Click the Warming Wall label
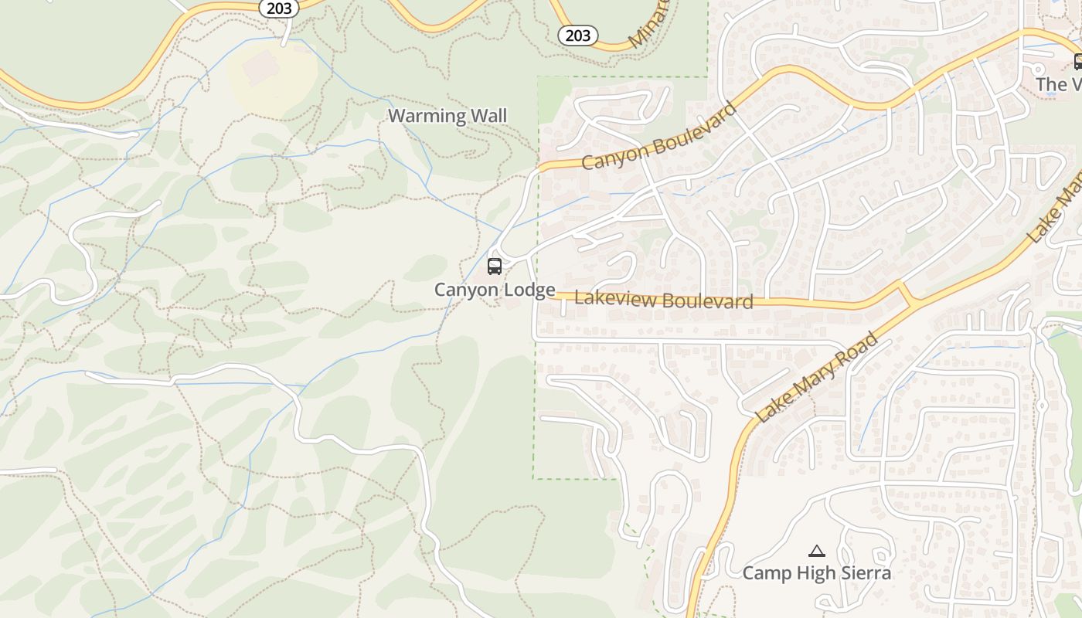pos(447,116)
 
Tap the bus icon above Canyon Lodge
pos(495,267)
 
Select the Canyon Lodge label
pos(495,290)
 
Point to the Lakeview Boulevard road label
pos(664,299)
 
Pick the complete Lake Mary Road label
pos(818,377)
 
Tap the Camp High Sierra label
pos(816,572)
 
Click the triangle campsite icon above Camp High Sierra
pos(816,551)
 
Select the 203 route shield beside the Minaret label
pos(577,35)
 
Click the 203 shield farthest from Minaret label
pos(279,8)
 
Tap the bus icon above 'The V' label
pos(1077,62)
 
